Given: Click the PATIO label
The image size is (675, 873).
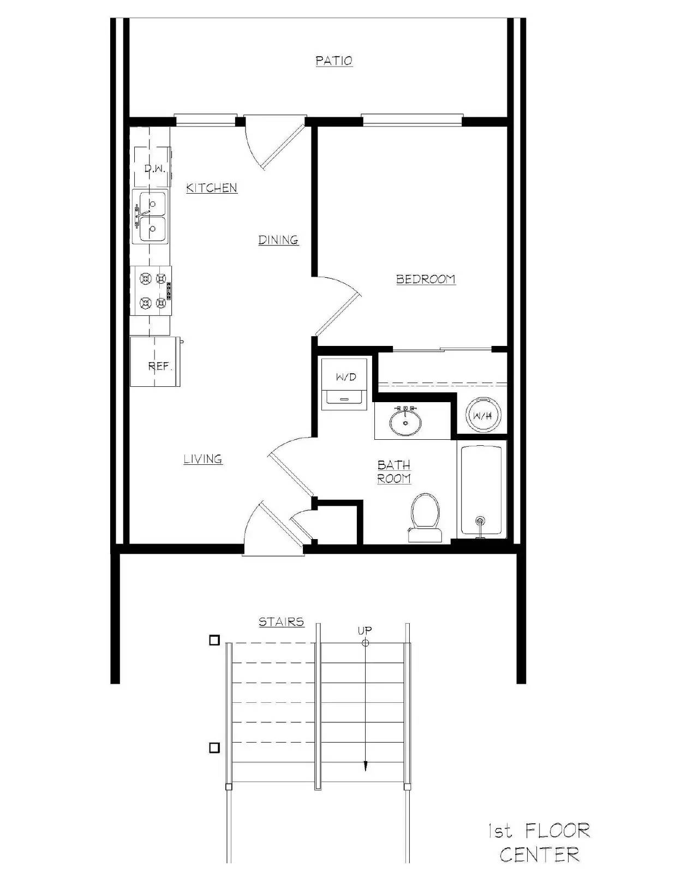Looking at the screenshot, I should (334, 61).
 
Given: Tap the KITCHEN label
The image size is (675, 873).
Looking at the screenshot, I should (212, 188).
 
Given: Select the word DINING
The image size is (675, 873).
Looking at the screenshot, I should (278, 240).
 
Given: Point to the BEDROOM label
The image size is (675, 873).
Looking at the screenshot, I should (426, 279).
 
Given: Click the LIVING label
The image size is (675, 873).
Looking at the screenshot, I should (203, 459).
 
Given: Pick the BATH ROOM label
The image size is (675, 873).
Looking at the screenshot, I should (394, 471).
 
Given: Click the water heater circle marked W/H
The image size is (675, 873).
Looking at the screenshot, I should (483, 416).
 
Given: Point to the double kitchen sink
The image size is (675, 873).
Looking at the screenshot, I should (151, 217).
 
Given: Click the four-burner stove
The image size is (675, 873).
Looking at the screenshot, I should (152, 290).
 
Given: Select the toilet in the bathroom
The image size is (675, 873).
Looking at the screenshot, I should (425, 516).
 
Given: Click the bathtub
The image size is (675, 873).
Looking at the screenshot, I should (481, 489).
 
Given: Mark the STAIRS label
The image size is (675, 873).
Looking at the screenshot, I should (281, 621).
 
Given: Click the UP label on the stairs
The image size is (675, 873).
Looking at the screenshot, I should (365, 631).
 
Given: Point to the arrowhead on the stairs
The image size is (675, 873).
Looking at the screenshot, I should (365, 767).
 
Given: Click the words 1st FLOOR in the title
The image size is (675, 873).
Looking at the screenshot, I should (539, 831).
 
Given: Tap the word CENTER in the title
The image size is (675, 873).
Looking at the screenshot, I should (539, 854).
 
